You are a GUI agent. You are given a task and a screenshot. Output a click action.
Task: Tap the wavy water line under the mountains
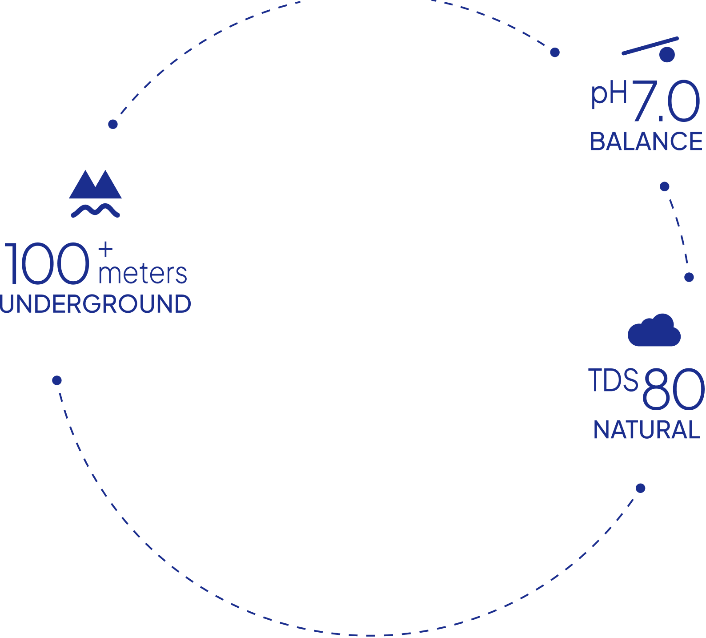click(95, 210)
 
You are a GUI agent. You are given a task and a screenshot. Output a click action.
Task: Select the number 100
click(46, 263)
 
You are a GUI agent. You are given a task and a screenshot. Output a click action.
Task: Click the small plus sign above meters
click(105, 250)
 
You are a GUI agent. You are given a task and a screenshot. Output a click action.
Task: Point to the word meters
click(142, 274)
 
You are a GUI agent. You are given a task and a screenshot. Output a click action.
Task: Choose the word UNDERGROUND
click(96, 304)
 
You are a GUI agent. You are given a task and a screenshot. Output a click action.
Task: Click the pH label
click(609, 94)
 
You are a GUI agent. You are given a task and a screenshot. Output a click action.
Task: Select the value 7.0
click(666, 101)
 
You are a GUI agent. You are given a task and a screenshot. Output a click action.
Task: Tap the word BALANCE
click(646, 141)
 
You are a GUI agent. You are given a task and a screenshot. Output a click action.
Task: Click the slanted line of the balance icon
click(650, 46)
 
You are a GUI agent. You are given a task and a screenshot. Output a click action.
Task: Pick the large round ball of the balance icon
click(667, 54)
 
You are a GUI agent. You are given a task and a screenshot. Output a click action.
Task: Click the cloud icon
click(654, 330)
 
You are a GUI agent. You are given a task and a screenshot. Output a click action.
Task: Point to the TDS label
click(614, 380)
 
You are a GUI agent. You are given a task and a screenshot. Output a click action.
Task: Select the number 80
click(673, 389)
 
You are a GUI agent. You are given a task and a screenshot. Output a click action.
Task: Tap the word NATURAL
click(647, 430)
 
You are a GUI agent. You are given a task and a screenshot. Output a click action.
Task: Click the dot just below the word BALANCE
click(665, 186)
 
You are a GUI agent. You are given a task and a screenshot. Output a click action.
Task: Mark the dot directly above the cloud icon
click(689, 277)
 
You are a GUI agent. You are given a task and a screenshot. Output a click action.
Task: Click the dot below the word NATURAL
click(641, 488)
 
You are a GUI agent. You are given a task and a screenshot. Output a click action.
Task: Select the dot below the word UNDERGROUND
click(57, 380)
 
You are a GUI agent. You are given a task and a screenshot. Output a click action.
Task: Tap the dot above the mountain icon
click(113, 124)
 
